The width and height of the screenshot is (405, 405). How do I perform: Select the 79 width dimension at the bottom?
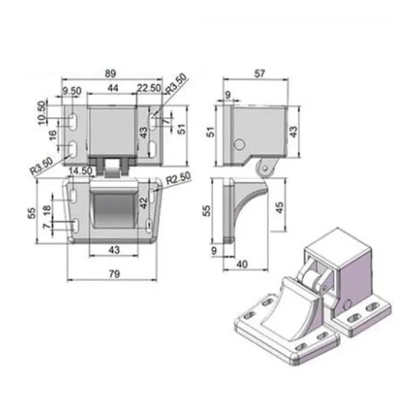pos(114,274)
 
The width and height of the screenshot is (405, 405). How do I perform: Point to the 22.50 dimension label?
pos(148,88)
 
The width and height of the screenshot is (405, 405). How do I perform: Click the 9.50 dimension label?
pos(71,91)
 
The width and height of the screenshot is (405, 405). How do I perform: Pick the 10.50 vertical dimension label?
pos(42,112)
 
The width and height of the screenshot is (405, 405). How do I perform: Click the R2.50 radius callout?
pos(179,178)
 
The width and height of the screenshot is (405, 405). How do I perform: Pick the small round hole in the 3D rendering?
pos(347,303)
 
